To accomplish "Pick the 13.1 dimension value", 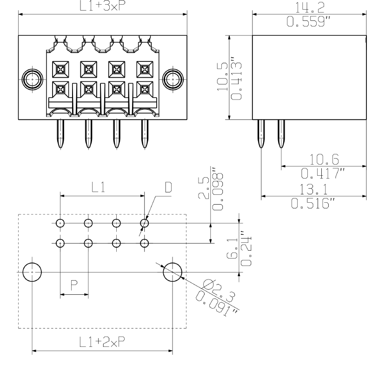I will (x=312, y=188).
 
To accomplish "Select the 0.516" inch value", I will (x=312, y=203).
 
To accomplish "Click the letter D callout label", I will (x=168, y=187).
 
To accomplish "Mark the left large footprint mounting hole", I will (x=32, y=272).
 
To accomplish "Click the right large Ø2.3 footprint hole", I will (x=173, y=272).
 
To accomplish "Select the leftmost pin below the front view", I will (x=60, y=134).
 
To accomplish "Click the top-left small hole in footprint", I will (x=60, y=223).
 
